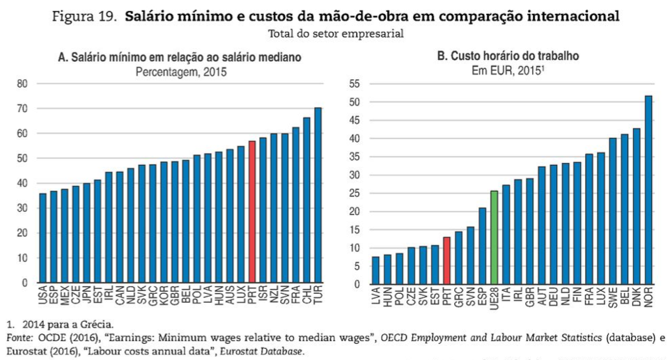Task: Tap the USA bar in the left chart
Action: pos(42,238)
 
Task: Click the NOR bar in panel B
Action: pos(648,190)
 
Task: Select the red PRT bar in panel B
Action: pos(446,260)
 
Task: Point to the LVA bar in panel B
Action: pos(375,270)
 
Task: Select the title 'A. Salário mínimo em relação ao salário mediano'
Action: pos(180,58)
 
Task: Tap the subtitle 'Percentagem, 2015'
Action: pos(180,71)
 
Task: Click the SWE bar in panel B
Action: pos(613,211)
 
